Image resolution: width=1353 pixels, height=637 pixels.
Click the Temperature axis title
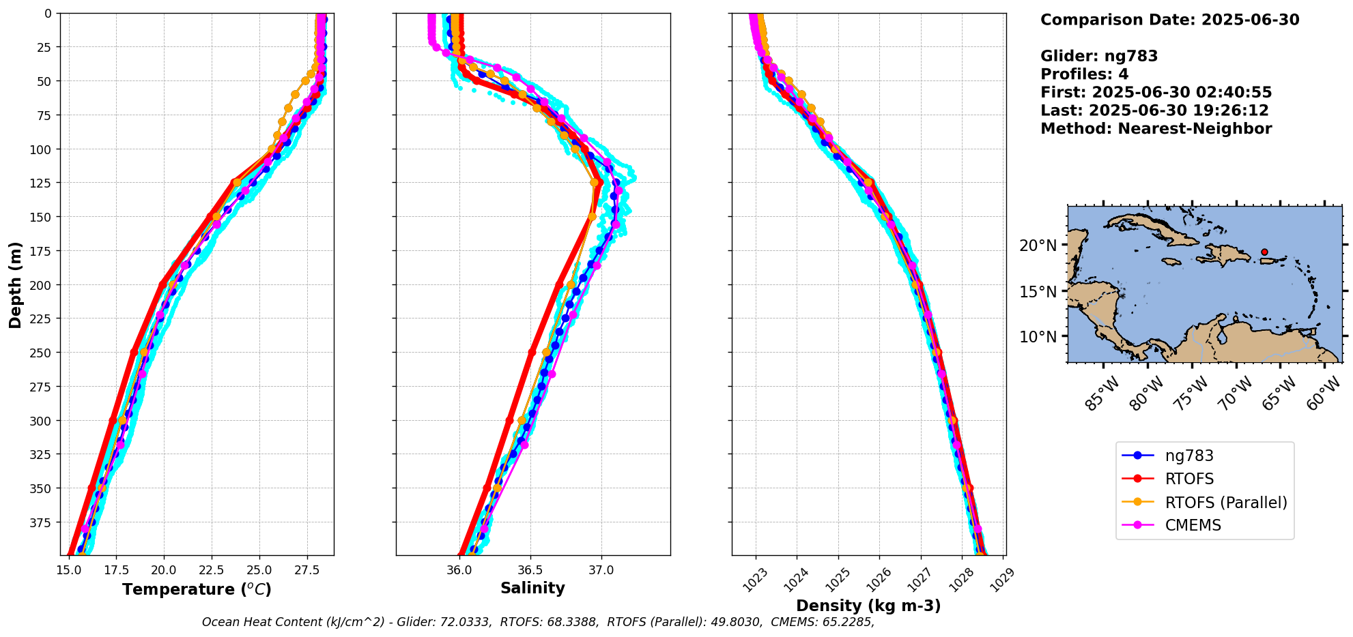click(x=197, y=589)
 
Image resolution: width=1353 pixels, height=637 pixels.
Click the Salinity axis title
click(x=532, y=589)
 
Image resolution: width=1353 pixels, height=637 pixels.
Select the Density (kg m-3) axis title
click(x=868, y=606)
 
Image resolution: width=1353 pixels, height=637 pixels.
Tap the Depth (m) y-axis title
click(x=15, y=284)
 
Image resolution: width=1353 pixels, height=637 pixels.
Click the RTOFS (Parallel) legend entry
click(x=1225, y=503)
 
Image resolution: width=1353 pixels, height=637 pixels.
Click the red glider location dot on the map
click(x=1264, y=252)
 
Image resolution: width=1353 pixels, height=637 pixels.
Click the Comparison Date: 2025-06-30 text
click(x=1169, y=20)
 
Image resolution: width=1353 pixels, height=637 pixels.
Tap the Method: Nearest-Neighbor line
click(x=1156, y=129)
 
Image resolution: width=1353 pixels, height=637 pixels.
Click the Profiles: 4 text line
click(x=1084, y=74)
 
